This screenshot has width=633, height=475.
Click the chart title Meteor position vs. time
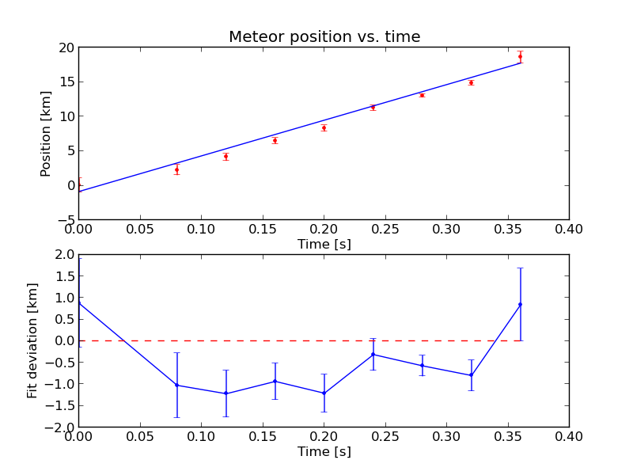pos(324,36)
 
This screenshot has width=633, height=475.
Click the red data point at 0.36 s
pos(520,56)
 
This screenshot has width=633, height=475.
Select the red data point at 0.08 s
pos(176,170)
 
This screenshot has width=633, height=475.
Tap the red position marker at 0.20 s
pos(324,128)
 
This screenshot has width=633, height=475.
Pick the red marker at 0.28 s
pos(422,95)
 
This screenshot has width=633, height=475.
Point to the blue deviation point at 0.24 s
pos(373,354)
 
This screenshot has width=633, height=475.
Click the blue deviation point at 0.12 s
pos(226,393)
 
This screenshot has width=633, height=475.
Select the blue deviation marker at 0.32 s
pos(471,375)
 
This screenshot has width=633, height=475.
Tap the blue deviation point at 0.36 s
pos(520,304)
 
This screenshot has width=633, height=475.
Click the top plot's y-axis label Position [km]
pos(46,134)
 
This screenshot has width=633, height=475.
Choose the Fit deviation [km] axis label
pos(32,340)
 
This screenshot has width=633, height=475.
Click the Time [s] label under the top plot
pos(324,244)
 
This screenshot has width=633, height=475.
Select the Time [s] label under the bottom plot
pos(324,451)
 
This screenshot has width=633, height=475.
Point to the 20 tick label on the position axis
pos(66,48)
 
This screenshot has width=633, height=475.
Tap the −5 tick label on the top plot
pos(66,220)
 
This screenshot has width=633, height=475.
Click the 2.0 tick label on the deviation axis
pos(66,254)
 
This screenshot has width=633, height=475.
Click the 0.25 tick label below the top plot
pos(385,229)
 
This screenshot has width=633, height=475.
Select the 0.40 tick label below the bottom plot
pos(569,436)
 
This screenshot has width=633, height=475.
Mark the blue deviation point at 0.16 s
pos(275,381)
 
